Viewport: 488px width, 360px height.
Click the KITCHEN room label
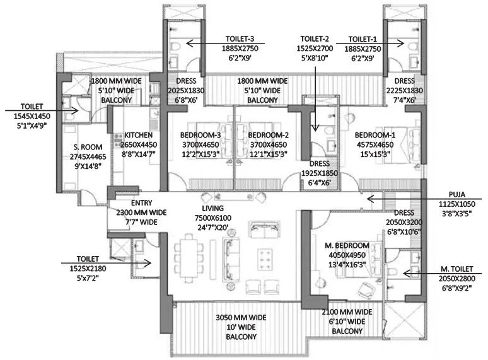click(139, 135)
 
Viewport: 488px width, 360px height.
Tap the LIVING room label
click(213, 208)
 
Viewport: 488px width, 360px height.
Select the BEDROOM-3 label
click(200, 135)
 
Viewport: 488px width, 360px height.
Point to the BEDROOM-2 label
click(269, 135)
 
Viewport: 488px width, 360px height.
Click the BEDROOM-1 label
click(375, 135)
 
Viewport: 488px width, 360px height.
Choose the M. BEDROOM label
click(347, 245)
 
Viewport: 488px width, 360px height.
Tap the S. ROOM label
click(88, 147)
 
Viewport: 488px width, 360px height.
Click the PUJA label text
click(457, 194)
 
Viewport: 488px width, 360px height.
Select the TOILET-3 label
click(240, 38)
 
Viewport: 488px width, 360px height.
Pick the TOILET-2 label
click(315, 38)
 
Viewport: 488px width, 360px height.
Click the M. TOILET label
click(457, 269)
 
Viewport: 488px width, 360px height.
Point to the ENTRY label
click(142, 203)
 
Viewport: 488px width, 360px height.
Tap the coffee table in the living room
click(265, 260)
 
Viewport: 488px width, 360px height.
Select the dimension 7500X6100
click(213, 218)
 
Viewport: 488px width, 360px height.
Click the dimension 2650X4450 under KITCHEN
click(139, 144)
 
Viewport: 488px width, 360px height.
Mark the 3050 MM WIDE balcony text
click(241, 317)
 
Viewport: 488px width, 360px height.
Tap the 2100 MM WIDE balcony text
click(347, 312)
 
